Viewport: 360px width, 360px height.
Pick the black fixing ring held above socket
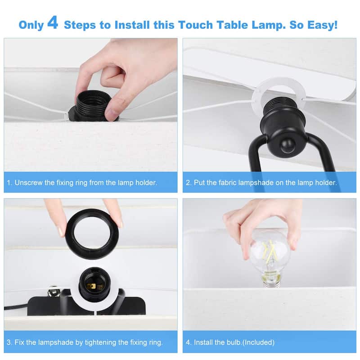92,232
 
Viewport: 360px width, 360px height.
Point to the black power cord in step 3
16,307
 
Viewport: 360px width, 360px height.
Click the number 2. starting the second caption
189,183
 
